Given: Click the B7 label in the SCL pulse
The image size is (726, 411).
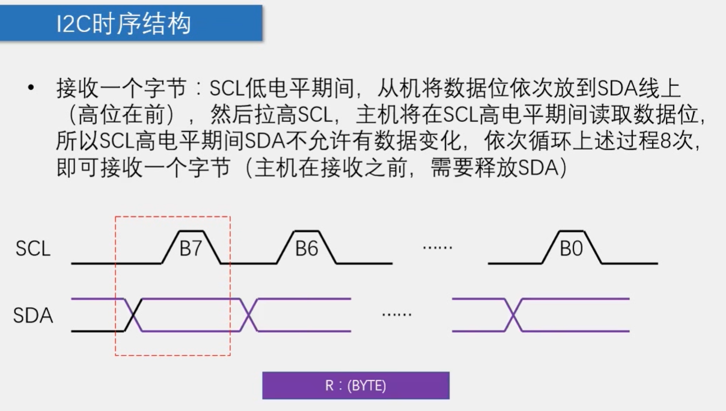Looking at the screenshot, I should [191, 249].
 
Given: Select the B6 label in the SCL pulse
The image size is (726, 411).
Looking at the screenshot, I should [306, 249].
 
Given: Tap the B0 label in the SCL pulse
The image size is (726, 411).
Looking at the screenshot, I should [571, 249].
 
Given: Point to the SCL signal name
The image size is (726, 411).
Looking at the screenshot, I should [33, 249].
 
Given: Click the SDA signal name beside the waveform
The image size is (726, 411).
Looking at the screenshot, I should [33, 315].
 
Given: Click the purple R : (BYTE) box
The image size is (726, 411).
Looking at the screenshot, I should [356, 386].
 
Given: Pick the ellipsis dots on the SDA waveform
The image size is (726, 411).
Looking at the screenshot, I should [397, 314].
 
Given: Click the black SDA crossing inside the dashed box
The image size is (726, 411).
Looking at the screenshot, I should [133, 315].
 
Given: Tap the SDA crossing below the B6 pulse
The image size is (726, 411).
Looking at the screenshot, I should [249, 315].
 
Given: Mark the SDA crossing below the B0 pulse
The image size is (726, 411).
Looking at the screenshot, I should [512, 315].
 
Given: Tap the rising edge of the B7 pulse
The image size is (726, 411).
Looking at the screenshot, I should [170, 247].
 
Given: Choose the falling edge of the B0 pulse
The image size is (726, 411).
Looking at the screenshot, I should [593, 247].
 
